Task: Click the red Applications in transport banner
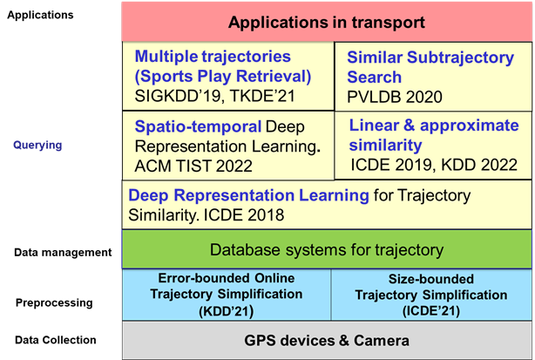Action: pos(327,22)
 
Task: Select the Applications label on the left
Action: pos(40,16)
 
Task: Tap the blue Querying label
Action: pos(37,146)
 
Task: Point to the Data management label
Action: pos(63,253)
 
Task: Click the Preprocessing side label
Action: pos(54,303)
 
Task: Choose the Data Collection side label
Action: pos(56,340)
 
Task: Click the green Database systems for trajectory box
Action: pos(327,249)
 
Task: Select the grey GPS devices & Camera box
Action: pos(327,340)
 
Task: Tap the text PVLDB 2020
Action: pos(395,98)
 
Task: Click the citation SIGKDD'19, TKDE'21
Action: pos(214,96)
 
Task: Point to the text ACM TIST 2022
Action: pos(193,166)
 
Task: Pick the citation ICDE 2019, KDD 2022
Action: pos(434,165)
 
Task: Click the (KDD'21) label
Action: pos(227,311)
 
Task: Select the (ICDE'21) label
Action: pos(431,311)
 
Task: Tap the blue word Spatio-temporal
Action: pos(198,126)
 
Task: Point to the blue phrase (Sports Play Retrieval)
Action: pos(223,77)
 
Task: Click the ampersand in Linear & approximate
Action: pos(410,126)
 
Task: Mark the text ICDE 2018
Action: pos(244,215)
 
